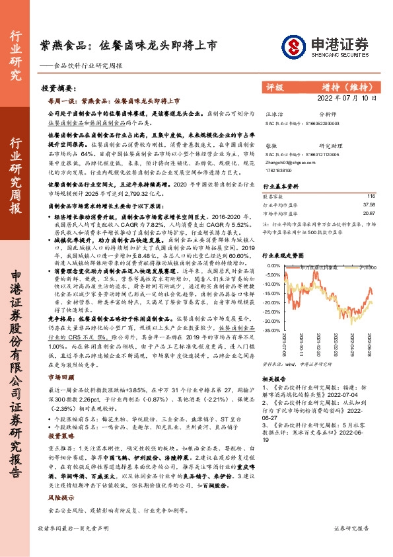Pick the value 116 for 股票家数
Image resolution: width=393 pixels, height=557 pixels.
point(370,196)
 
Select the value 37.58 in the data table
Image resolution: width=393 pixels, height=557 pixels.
point(368,205)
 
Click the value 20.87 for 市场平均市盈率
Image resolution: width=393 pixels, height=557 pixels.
point(368,213)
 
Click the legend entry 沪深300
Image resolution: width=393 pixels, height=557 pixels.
point(367,267)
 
